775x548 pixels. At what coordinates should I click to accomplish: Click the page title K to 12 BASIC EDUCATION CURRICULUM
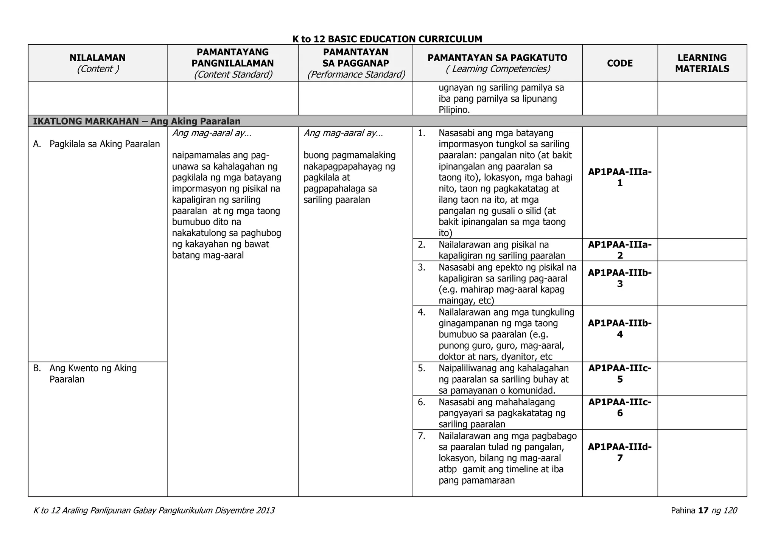tap(387, 39)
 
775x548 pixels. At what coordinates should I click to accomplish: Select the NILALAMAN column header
tap(97, 58)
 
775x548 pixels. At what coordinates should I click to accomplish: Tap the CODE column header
tap(619, 63)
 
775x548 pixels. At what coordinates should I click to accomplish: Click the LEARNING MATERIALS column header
tap(702, 63)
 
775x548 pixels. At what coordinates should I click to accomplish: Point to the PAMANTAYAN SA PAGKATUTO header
tap(497, 58)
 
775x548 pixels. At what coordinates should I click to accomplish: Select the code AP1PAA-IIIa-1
tap(619, 177)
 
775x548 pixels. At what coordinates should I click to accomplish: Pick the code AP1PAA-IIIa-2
tap(619, 250)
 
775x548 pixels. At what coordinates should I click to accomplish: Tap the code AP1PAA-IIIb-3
tap(619, 278)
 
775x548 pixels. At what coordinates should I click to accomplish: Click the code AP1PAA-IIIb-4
tap(619, 328)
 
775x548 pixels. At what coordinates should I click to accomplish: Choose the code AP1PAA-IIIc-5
tap(619, 374)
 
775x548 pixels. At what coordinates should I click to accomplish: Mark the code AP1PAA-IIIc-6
tap(619, 407)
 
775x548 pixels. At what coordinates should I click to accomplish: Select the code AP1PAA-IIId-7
tap(619, 452)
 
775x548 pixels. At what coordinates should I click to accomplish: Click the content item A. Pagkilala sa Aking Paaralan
tap(96, 144)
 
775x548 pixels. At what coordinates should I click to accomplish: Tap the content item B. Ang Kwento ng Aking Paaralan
tap(93, 374)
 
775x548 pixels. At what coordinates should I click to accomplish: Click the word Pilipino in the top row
tap(454, 110)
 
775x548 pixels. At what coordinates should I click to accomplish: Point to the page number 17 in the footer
tap(703, 511)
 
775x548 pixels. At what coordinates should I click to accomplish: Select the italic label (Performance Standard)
tap(356, 75)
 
